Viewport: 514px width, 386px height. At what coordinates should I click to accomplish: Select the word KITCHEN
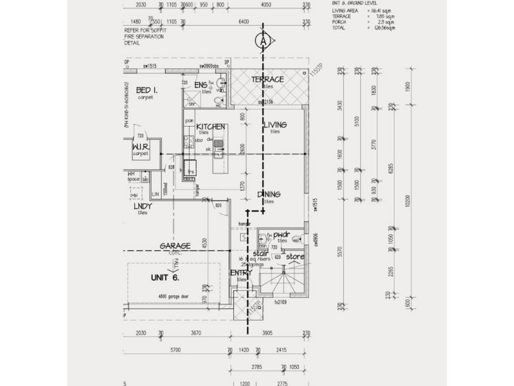coord(210,127)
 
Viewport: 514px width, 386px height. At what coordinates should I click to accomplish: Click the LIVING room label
coord(274,125)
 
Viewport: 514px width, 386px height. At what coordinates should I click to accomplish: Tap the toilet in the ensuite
coord(221,84)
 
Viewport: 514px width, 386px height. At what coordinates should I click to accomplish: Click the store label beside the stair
coord(294,257)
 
